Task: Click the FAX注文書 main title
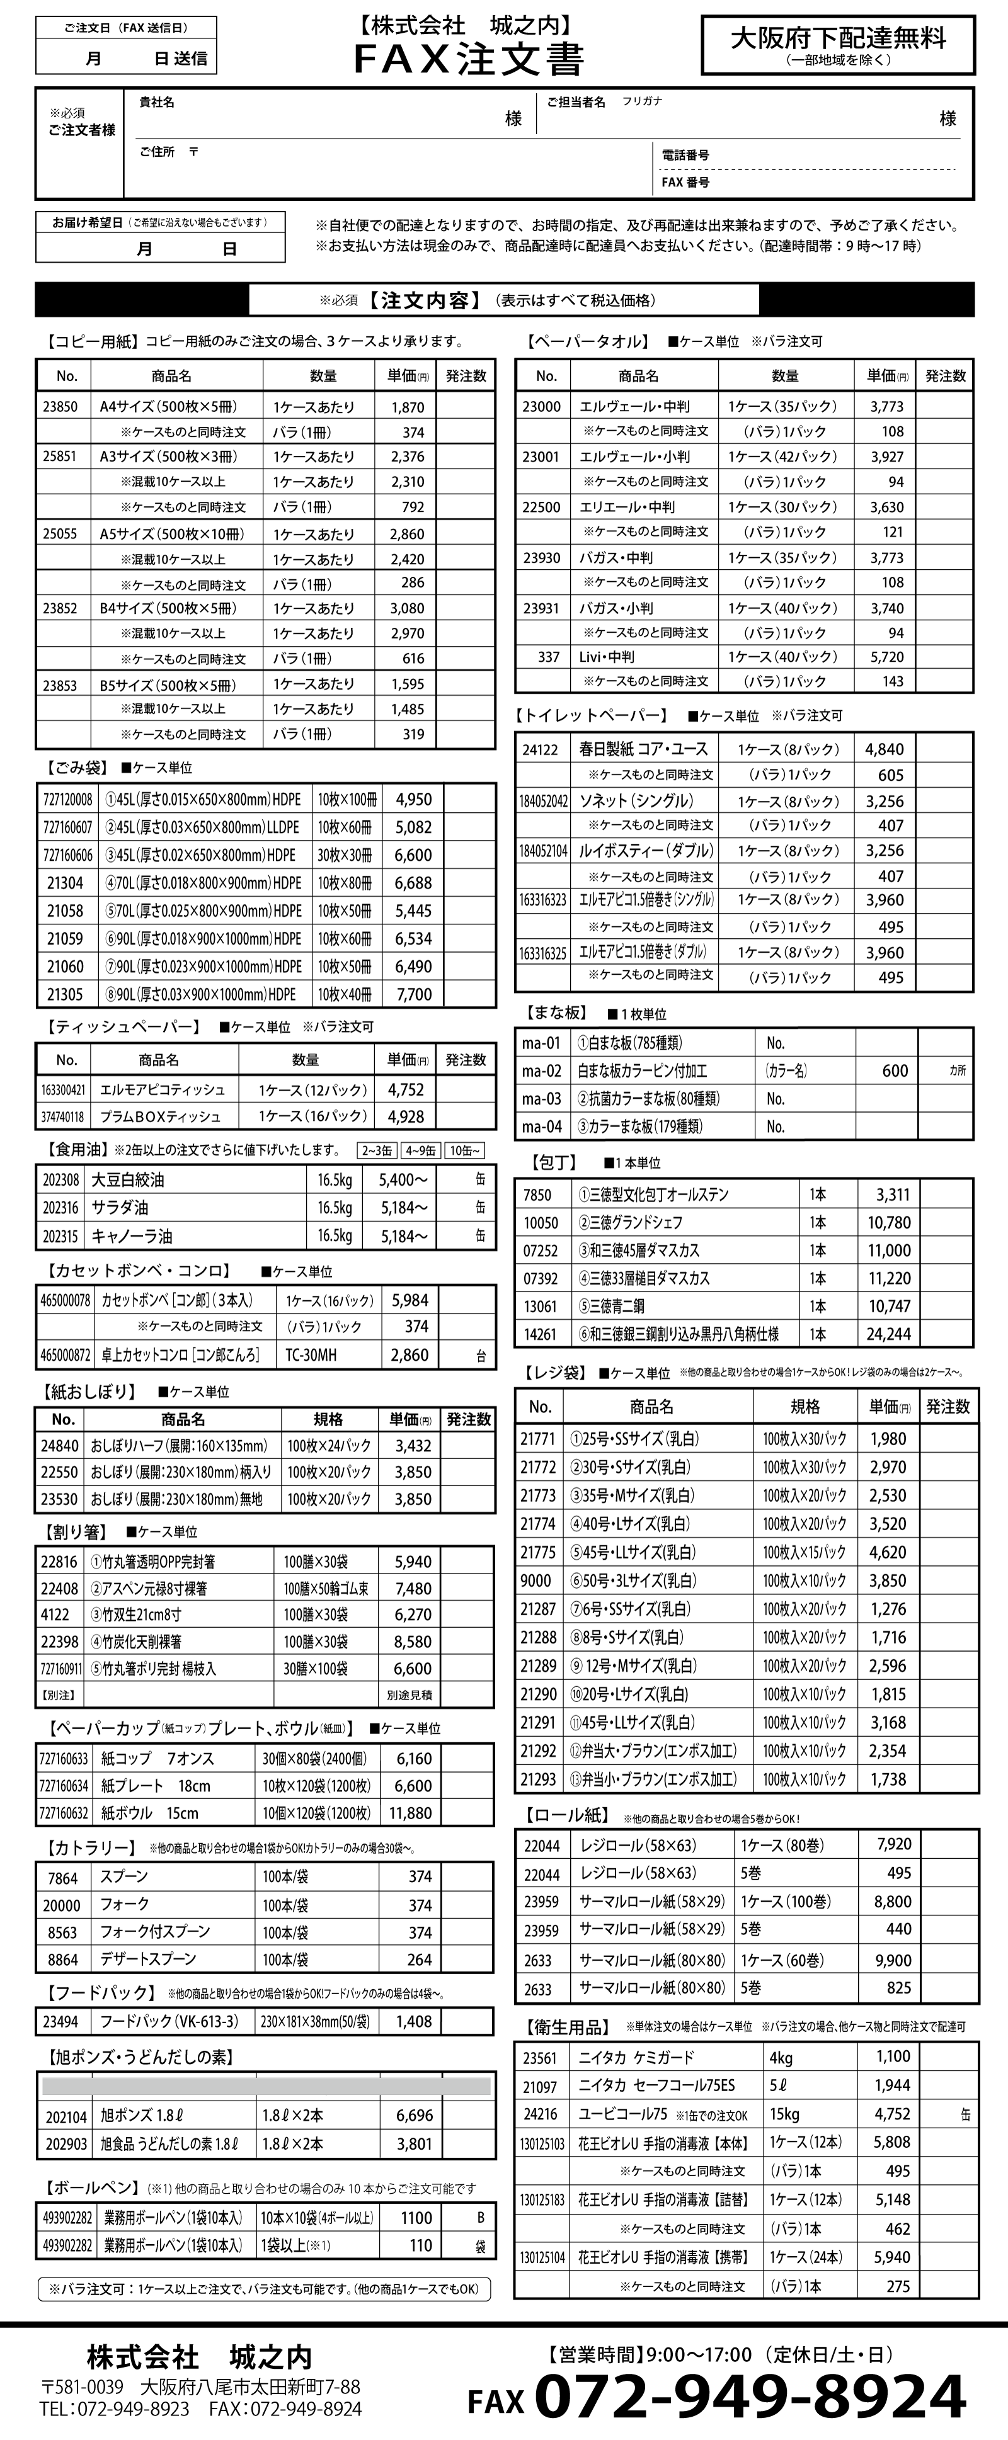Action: [469, 59]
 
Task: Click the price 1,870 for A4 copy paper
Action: [408, 407]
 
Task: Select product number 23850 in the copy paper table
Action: [60, 407]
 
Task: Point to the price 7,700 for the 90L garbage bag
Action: [414, 994]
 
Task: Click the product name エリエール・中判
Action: [627, 507]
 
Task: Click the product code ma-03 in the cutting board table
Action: [541, 1099]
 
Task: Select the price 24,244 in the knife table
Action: [889, 1334]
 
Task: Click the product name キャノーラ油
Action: [132, 1236]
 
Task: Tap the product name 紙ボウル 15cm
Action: [150, 1813]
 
